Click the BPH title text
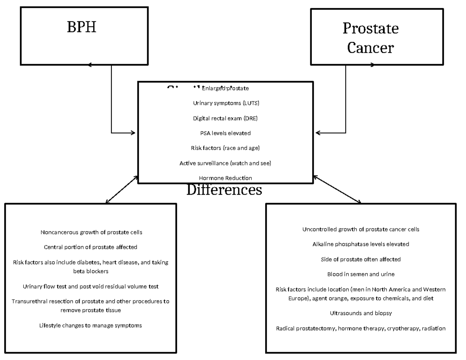[82, 28]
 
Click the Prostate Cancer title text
[370, 38]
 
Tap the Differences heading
[224, 190]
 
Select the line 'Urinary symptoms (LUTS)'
[226, 103]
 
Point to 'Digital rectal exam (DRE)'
[225, 118]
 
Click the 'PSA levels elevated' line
[225, 133]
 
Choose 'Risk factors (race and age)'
[225, 148]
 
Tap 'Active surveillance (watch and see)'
[225, 163]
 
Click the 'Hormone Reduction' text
[225, 178]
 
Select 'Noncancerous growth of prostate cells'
[91, 232]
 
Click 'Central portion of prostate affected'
[90, 247]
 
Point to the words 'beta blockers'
[90, 271]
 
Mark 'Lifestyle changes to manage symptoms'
[90, 325]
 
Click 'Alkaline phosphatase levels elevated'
[361, 244]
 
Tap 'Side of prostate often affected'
[361, 259]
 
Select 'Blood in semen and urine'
[361, 274]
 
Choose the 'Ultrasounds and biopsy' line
[361, 313]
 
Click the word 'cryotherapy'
[395, 329]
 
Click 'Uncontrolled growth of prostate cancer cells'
[361, 229]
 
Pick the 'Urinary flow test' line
[90, 287]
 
